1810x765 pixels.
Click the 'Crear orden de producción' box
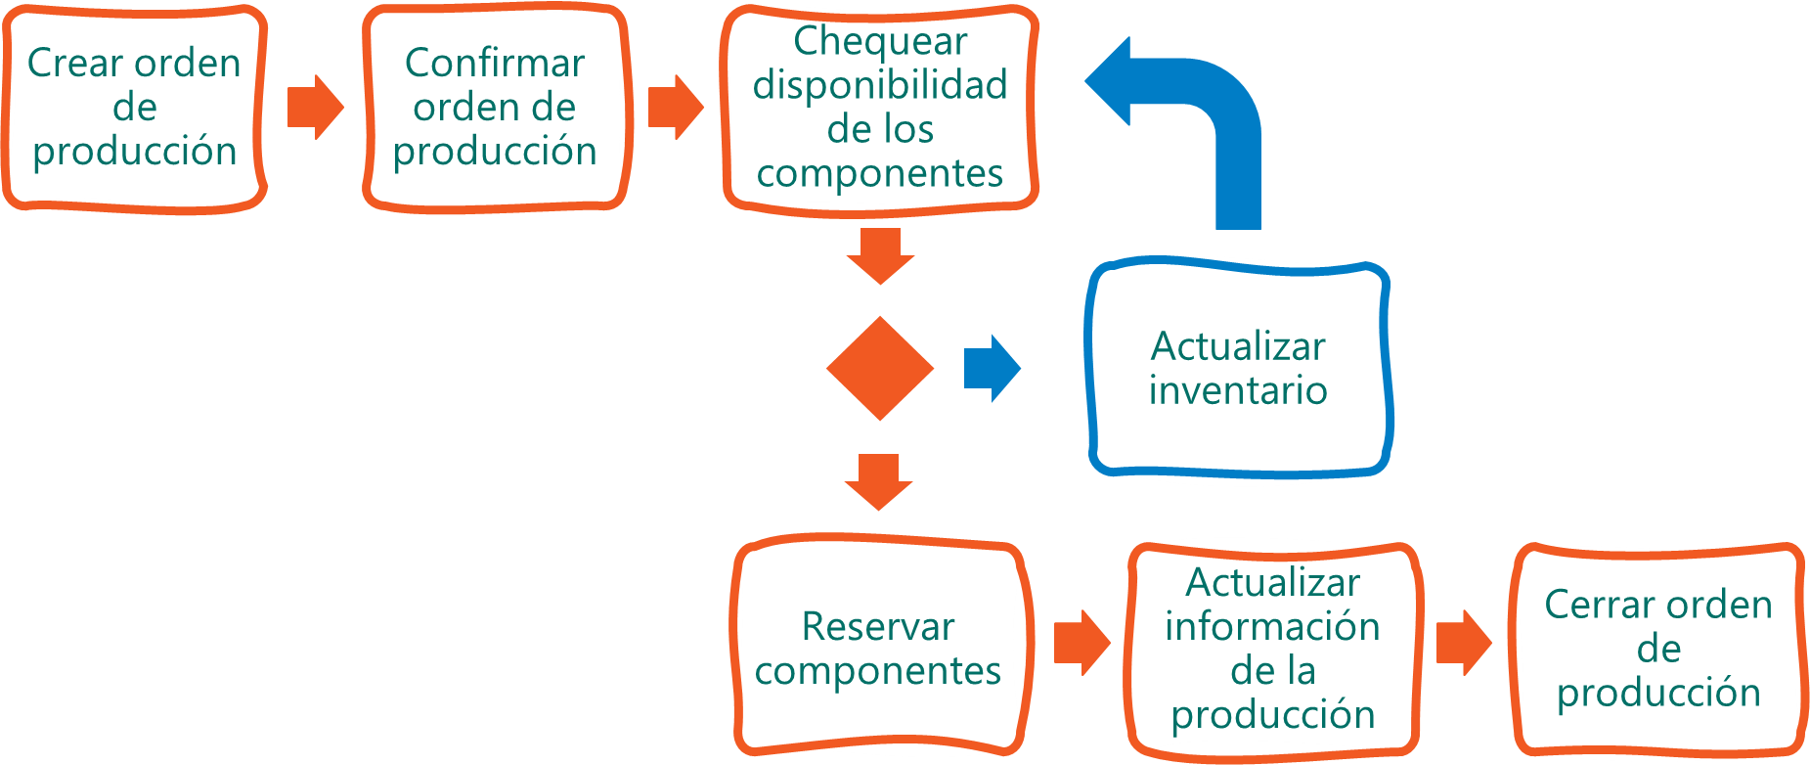tap(134, 107)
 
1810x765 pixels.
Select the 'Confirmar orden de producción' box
tap(495, 107)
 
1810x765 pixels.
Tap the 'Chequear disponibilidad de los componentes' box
tap(879, 107)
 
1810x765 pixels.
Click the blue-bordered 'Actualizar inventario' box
tap(1238, 368)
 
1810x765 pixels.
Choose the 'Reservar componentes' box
tap(878, 648)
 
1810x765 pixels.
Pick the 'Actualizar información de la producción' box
tap(1272, 649)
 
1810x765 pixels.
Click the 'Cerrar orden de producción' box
tap(1658, 649)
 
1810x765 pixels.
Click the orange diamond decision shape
tap(879, 368)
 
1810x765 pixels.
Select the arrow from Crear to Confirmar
tap(315, 107)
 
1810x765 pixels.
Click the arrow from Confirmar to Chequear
tap(676, 107)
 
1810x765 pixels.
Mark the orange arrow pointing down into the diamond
tap(880, 254)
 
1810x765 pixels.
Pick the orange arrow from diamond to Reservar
tap(878, 480)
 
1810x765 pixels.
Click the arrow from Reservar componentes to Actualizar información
tap(1082, 643)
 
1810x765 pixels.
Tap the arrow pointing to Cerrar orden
tap(1464, 643)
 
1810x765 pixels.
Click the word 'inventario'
tap(1238, 390)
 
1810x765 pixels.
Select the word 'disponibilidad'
tap(879, 85)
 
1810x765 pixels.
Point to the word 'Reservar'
tap(877, 626)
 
